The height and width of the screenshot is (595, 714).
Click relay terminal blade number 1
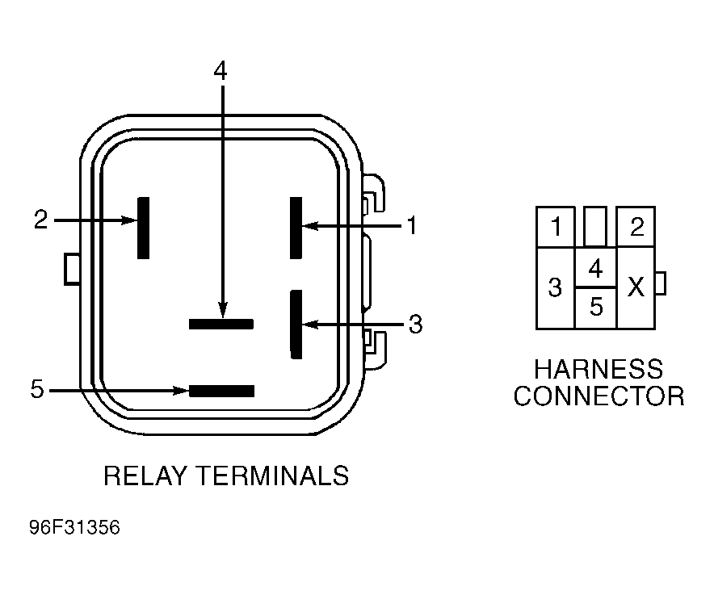(296, 228)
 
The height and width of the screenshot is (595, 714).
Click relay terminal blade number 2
(144, 228)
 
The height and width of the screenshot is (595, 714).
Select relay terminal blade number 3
(296, 324)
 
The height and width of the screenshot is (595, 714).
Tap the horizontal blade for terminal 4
(221, 324)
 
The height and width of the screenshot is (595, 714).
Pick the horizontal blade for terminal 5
(222, 391)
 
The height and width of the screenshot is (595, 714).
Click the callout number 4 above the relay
(220, 71)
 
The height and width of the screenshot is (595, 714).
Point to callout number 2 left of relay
(41, 219)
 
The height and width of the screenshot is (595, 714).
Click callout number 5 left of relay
(37, 389)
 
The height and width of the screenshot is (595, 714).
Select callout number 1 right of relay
(412, 226)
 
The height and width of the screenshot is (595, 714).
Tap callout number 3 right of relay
(415, 324)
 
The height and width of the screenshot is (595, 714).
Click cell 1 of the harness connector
(556, 227)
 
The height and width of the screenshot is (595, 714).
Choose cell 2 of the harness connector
(636, 227)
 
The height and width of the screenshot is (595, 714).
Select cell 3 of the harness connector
(556, 287)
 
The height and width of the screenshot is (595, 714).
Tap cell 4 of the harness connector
(595, 268)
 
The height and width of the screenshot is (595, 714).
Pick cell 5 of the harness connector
(595, 308)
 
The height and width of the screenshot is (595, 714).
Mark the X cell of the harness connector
(636, 287)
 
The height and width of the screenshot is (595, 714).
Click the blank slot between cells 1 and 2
(595, 227)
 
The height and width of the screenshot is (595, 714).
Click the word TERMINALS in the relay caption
(275, 476)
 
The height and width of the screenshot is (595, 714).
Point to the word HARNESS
(598, 369)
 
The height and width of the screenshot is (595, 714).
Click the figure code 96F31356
(74, 528)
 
